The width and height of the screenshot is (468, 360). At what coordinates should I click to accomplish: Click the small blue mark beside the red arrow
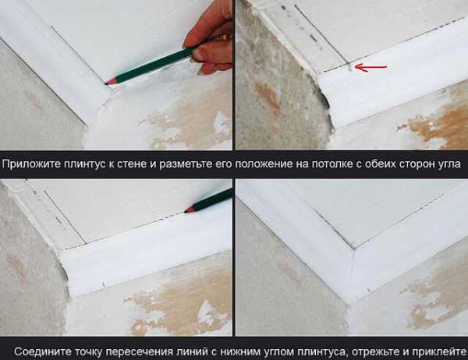(350, 68)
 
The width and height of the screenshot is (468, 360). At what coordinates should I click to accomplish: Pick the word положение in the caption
(264, 165)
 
